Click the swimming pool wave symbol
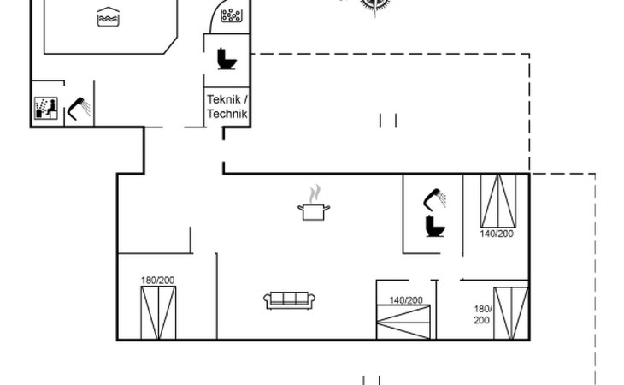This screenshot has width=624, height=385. pos(109,17)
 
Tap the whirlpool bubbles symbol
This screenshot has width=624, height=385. pos(231,15)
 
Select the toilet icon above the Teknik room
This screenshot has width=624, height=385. pos(227,59)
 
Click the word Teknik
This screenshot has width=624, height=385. pos(223,99)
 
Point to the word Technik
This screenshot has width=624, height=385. pos(227,114)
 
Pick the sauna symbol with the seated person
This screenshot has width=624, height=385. pos(46,108)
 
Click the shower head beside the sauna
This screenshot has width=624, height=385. pos(79,109)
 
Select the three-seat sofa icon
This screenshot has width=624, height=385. pos(289,300)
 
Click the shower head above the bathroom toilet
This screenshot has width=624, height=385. pos(434,199)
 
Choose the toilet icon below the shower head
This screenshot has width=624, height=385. pos(435,226)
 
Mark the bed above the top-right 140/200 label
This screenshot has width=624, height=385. pos(498,201)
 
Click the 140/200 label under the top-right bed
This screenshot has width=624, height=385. pos(497,234)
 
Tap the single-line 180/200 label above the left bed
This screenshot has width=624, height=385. pos(157,281)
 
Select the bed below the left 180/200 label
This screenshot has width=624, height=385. pos(158,313)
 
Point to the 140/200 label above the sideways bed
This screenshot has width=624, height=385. pos(406,299)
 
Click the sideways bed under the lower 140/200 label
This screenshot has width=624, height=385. pos(403,322)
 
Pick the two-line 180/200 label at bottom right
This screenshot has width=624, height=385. pos(483,315)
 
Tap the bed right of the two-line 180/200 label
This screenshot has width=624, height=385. pos(511,313)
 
